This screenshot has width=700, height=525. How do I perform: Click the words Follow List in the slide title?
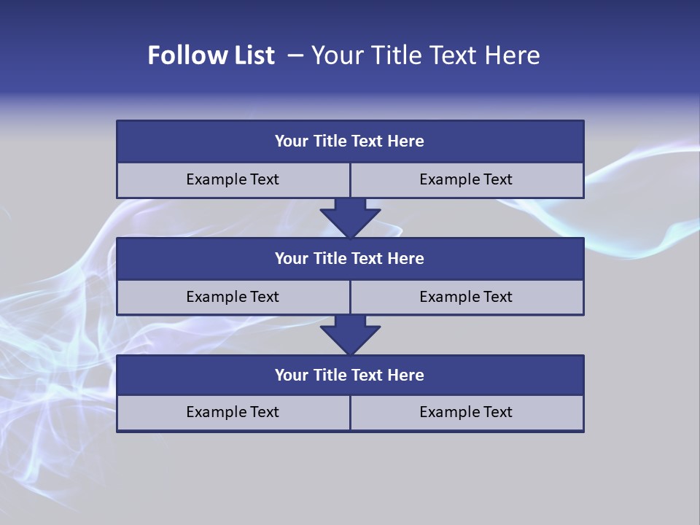[x=211, y=55]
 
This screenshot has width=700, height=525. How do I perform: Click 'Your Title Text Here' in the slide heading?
[x=425, y=55]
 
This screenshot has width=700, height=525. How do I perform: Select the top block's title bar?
[x=350, y=141]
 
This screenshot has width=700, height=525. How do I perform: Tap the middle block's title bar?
[x=350, y=258]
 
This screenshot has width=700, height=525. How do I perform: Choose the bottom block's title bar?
[x=350, y=375]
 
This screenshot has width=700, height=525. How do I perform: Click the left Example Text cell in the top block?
[x=233, y=179]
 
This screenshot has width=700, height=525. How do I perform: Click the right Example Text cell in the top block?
[x=467, y=179]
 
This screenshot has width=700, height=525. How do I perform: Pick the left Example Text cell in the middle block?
[x=233, y=297]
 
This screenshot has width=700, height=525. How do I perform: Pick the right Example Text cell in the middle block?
[x=467, y=297]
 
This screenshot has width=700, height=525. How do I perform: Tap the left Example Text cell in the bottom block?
[x=233, y=412]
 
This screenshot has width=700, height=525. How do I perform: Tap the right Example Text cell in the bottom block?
[x=467, y=412]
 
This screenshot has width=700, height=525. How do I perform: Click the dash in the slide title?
[x=295, y=55]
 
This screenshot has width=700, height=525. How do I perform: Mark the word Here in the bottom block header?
[x=405, y=375]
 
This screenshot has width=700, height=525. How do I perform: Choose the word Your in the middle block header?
[x=292, y=258]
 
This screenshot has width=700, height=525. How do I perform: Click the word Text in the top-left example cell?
[x=265, y=179]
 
